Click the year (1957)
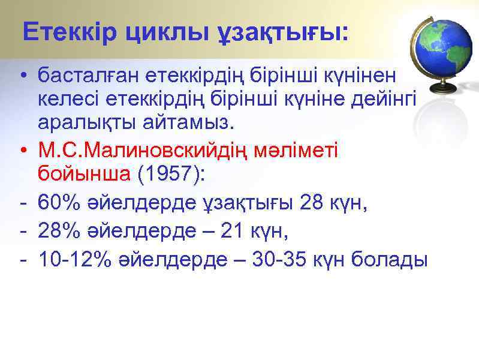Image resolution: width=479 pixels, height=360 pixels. [x=170, y=174]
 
